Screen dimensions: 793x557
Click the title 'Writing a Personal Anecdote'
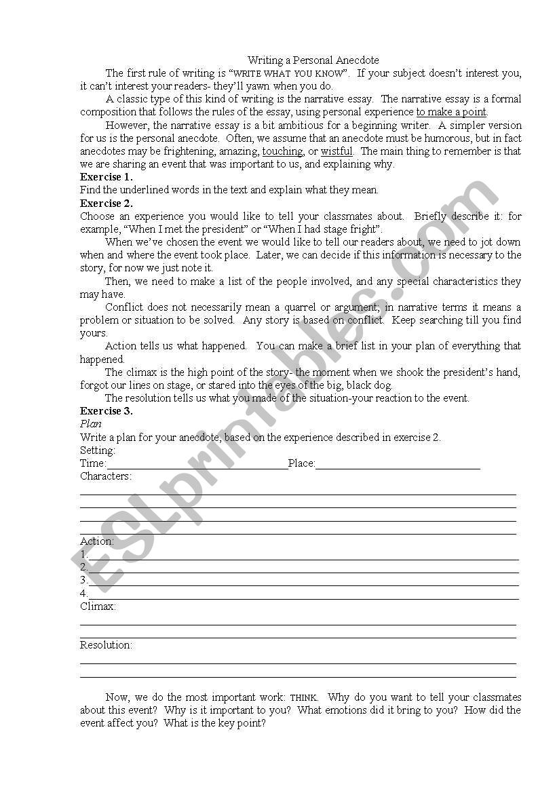click(x=313, y=60)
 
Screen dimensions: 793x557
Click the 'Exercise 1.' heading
click(x=107, y=177)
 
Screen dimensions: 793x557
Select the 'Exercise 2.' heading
click(x=107, y=203)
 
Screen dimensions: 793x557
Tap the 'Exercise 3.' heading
click(x=107, y=411)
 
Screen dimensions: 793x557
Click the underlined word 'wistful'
click(x=337, y=151)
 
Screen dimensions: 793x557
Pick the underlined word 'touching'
click(x=282, y=151)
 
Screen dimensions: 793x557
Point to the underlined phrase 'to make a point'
click(x=451, y=112)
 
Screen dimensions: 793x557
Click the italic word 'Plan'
click(x=91, y=424)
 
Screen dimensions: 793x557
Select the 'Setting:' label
click(x=98, y=450)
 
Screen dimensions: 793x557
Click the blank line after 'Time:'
click(x=197, y=465)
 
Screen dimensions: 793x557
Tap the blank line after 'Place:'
click(x=398, y=465)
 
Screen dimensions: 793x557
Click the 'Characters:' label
click(x=106, y=476)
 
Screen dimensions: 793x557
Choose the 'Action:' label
click(x=97, y=541)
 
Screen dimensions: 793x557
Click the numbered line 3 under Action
click(x=302, y=581)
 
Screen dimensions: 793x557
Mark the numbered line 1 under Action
click(x=302, y=556)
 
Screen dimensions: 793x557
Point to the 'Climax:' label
click(x=98, y=606)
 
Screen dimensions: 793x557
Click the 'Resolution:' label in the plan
click(x=106, y=645)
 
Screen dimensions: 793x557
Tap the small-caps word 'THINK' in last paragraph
click(x=303, y=698)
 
